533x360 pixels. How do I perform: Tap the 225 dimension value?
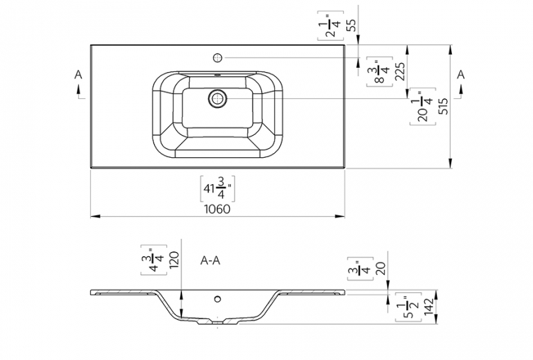tap(399, 72)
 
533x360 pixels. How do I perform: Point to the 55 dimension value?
tap(351, 26)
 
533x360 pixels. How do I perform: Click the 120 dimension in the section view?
tap(174, 260)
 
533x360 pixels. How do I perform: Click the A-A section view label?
tap(210, 260)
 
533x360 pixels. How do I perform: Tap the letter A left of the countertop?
tap(78, 74)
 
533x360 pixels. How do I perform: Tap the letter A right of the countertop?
tap(460, 74)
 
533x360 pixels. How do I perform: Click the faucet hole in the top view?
tap(218, 57)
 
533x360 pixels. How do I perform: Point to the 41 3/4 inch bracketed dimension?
tap(217, 188)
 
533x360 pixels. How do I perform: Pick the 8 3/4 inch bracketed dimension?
tap(378, 71)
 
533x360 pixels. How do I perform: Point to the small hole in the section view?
tap(218, 300)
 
